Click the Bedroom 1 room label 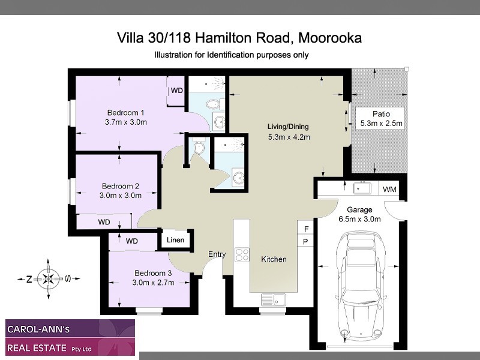125,112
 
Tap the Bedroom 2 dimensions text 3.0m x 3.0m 121,195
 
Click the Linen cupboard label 176,241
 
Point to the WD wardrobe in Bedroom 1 176,91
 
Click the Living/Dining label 289,127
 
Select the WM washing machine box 389,190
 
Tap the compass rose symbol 47,278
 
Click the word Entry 217,254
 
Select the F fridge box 306,229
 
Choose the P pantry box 306,242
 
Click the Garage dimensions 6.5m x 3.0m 360,219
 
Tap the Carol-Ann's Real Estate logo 70,338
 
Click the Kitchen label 274,259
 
